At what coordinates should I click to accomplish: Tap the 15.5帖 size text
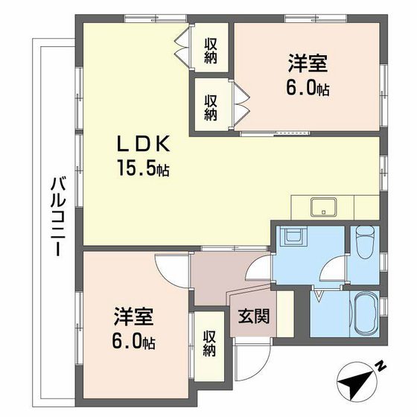[x=143, y=169]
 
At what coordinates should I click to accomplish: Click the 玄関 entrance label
[x=254, y=315]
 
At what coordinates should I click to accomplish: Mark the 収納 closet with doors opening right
[x=211, y=106]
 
